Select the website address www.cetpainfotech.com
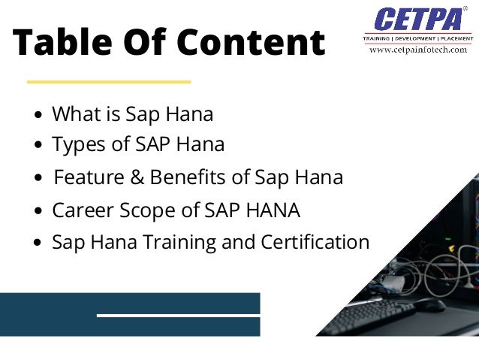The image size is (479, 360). coord(417,50)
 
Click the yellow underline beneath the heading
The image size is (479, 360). coord(109,81)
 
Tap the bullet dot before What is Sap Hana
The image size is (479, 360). coord(39,116)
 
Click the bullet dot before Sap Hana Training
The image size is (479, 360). coord(39,244)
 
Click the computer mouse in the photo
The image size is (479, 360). coord(430,304)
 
